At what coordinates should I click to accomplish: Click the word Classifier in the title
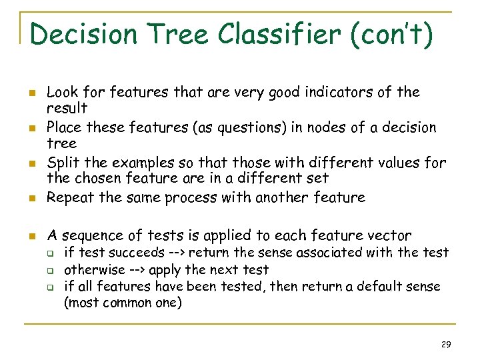click(282, 33)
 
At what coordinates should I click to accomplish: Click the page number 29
click(446, 344)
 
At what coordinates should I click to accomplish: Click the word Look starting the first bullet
click(61, 91)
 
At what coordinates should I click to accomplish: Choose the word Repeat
click(70, 197)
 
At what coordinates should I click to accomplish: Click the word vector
click(391, 235)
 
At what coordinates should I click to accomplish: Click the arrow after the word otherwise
click(135, 270)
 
